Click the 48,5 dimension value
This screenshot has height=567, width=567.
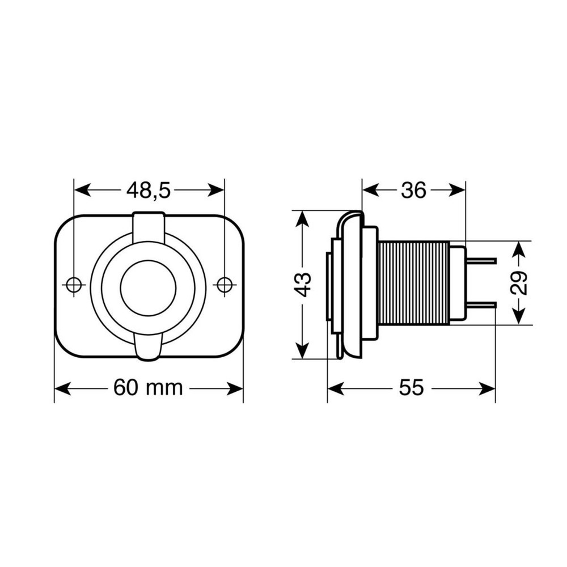[x=149, y=191]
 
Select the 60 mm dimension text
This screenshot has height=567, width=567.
[x=148, y=388]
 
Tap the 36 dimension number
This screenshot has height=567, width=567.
[x=413, y=191]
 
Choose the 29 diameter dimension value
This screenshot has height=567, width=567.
[x=519, y=282]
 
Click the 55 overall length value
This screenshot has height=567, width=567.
[x=411, y=388]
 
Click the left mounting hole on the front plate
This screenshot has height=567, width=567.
[x=74, y=285]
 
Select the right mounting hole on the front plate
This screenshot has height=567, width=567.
[x=225, y=285]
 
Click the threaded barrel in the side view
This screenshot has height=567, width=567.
[x=413, y=282]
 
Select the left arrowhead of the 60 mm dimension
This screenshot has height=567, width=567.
[x=61, y=388]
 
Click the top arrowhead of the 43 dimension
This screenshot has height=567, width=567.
[x=303, y=218]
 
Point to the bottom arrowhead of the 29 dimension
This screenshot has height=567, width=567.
[x=519, y=318]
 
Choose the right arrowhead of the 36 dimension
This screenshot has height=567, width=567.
[x=458, y=191]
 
